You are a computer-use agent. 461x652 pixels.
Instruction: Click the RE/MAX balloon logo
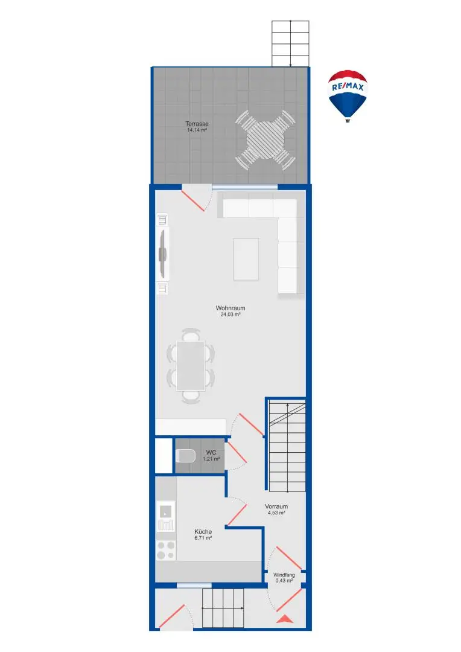pos(348,94)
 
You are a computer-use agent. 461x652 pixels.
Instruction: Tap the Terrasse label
pos(197,124)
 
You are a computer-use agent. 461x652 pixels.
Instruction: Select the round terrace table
pos(265,139)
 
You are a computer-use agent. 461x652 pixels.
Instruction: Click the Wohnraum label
pos(230,308)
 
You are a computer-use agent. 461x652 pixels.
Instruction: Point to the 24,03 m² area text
pos(230,315)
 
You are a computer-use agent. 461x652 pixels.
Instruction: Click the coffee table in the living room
pos(246,259)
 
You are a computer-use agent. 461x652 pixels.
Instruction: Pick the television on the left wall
pos(162,254)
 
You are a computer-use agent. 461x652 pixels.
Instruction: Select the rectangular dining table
pos(191,365)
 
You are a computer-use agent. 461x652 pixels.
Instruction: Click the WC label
pos(211,453)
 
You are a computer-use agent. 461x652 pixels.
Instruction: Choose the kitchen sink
pos(165,513)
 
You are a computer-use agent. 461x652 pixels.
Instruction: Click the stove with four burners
pos(166,550)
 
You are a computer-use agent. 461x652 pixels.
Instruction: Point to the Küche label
pos(203,532)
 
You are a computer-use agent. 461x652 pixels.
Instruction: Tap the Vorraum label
pos(276,507)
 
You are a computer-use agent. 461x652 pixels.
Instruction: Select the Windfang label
pos(284,575)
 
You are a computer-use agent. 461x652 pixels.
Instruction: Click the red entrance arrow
pos(284,618)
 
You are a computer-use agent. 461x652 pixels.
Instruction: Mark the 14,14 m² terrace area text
pos(197,130)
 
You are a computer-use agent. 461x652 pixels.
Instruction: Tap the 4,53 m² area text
pos(276,513)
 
